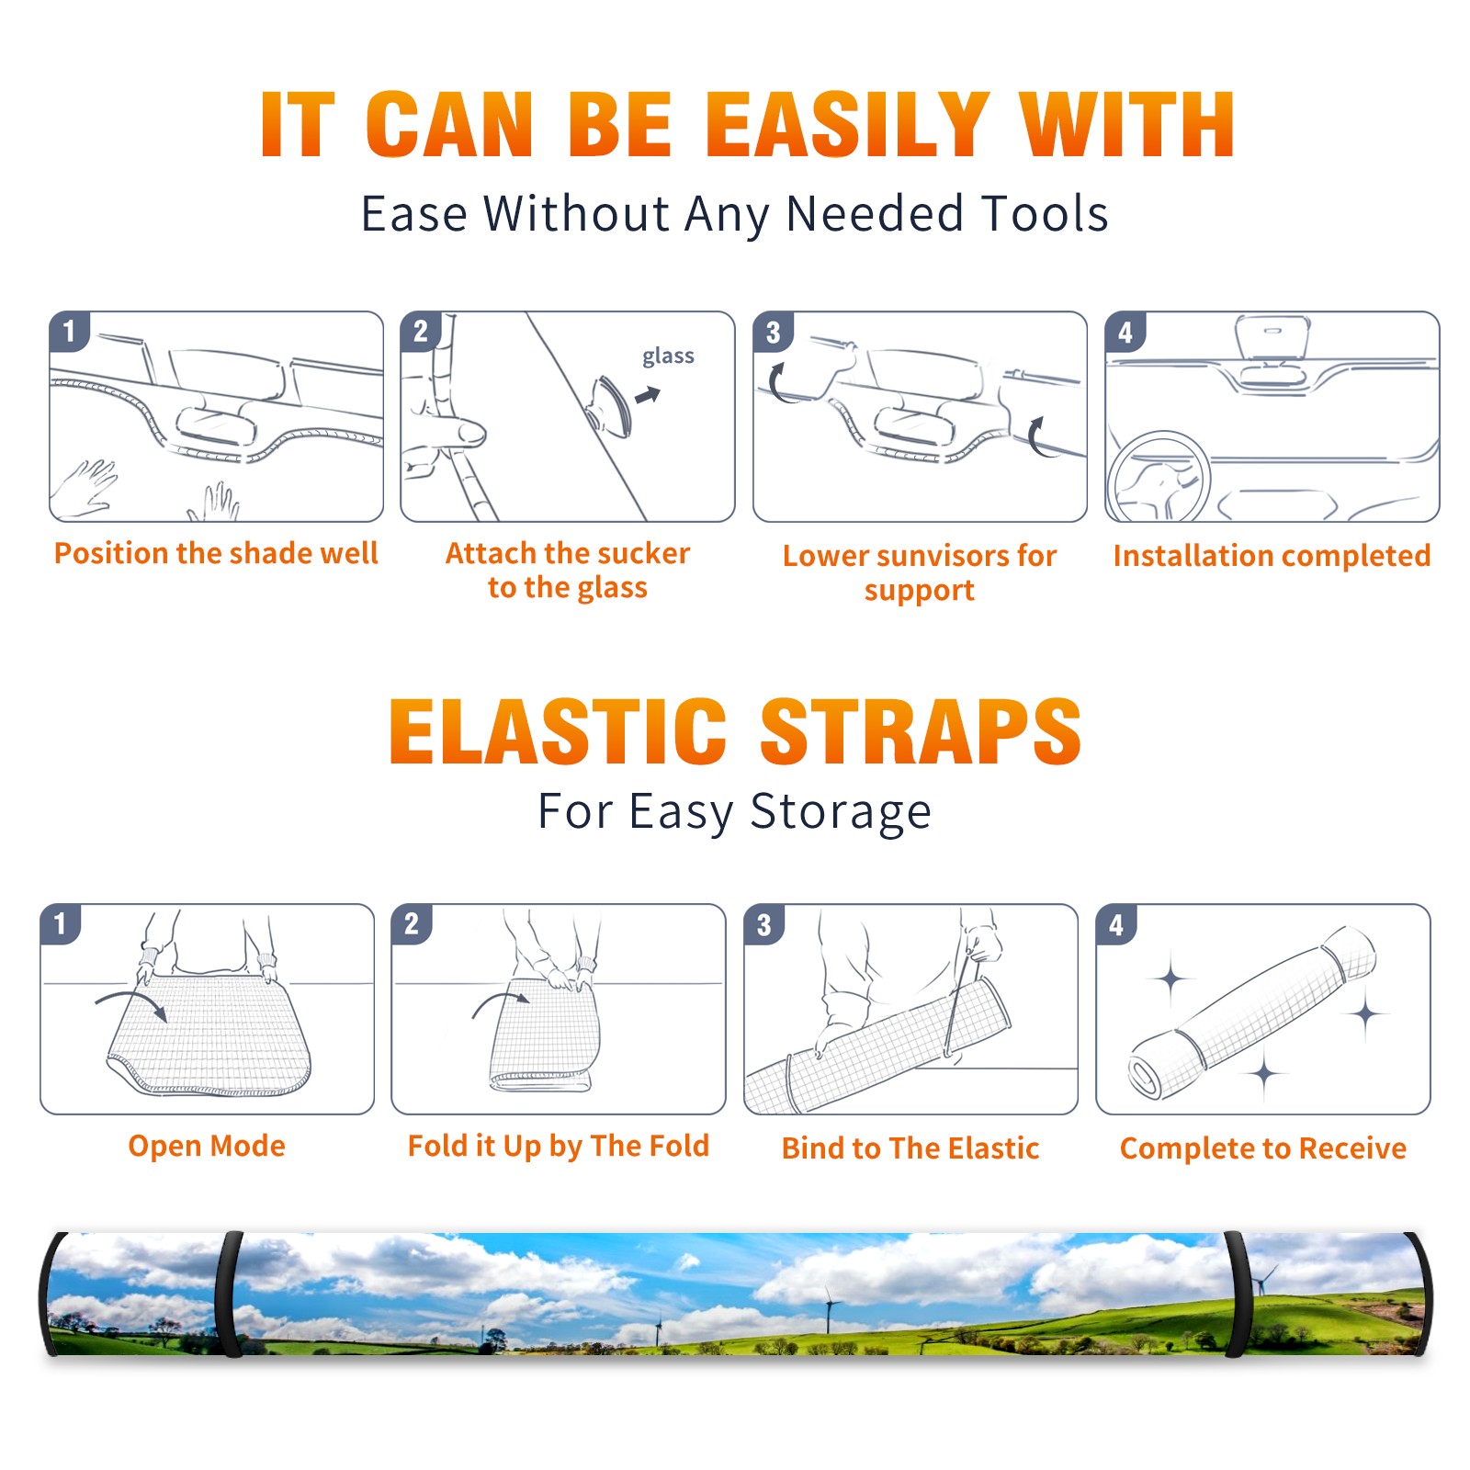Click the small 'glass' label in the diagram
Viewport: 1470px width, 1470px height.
coord(668,356)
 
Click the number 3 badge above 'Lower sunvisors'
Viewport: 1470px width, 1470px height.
coord(773,332)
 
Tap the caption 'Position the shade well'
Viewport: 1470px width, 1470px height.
coord(216,553)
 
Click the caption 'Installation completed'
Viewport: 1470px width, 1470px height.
coord(1272,556)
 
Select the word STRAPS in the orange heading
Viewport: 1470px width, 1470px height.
coord(921,731)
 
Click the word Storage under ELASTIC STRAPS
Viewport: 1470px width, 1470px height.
coord(841,812)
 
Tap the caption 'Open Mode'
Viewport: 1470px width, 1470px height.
coord(207,1146)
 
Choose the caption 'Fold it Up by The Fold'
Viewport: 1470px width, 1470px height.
coord(559,1146)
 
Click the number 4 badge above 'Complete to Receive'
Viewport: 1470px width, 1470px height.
coord(1116,924)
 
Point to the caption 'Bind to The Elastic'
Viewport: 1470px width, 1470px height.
coord(910,1148)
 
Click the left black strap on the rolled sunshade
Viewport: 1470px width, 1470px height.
coord(230,1295)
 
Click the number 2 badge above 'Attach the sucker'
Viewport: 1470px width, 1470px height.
coord(421,332)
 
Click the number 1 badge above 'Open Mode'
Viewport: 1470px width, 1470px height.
coord(61,924)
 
